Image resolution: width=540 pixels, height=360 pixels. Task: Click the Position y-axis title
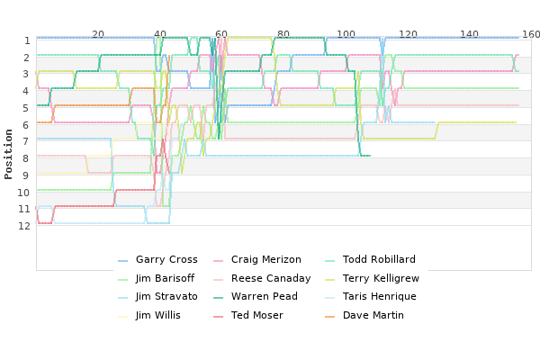(8, 154)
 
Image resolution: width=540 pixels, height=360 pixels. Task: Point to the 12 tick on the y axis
(24, 226)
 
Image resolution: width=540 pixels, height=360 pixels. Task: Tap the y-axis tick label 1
(27, 40)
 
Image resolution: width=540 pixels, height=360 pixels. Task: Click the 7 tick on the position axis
(27, 141)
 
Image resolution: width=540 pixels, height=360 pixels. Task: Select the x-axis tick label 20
(98, 34)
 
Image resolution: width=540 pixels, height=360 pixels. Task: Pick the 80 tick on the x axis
(283, 34)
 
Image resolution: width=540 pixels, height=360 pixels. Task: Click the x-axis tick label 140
(470, 34)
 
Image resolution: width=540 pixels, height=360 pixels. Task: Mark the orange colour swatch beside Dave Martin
(329, 316)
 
